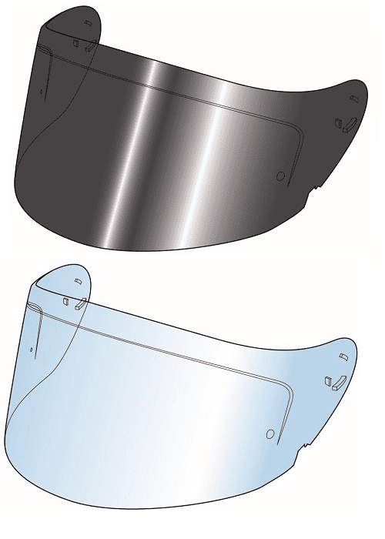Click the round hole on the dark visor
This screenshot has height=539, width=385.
click(280, 176)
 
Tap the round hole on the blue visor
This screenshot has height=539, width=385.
click(269, 434)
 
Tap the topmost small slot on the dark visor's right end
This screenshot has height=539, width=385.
click(353, 99)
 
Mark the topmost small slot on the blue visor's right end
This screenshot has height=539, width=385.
click(342, 357)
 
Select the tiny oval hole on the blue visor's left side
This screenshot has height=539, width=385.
click(31, 350)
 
